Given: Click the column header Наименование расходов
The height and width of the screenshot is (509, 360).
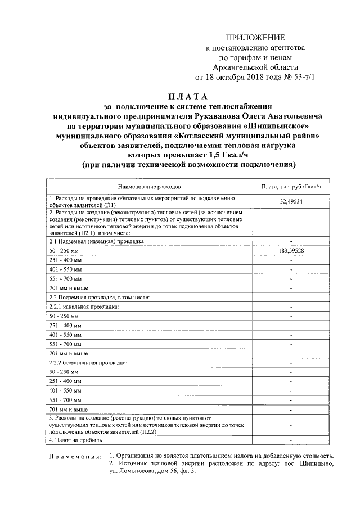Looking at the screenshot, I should [x=150, y=186].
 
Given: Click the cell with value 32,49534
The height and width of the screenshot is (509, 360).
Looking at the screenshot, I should [x=291, y=202].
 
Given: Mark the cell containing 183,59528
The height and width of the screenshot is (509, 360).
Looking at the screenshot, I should [x=291, y=250].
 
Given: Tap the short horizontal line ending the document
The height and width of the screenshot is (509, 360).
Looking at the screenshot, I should [x=187, y=481].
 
